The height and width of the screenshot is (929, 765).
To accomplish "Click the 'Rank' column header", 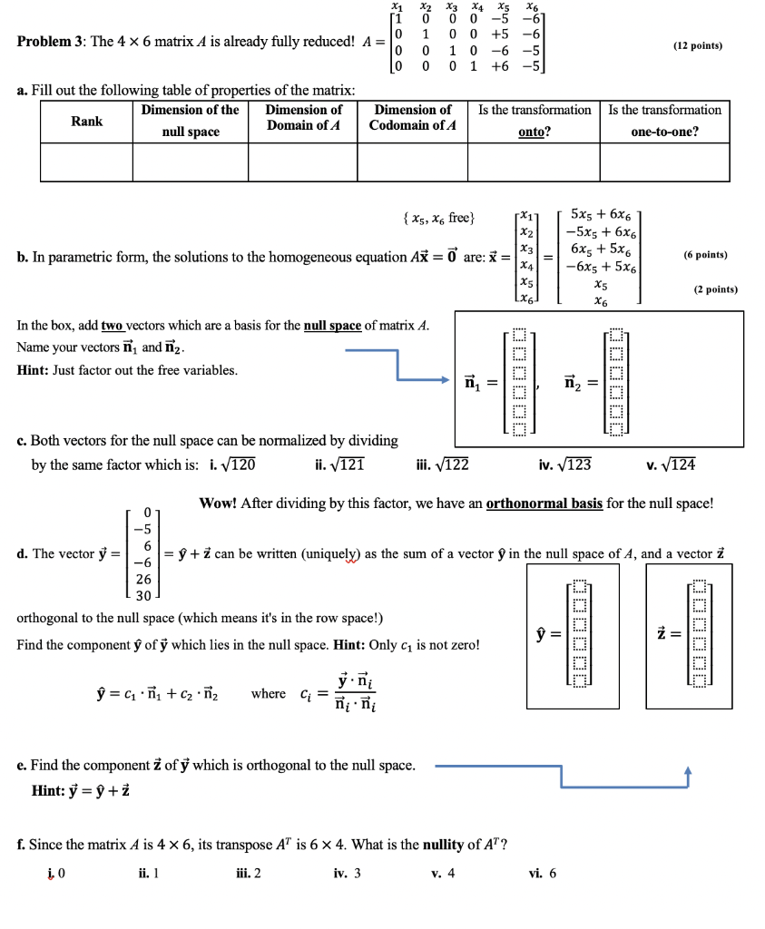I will point(86,122).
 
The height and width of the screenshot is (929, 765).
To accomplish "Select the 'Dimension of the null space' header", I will point(191,122).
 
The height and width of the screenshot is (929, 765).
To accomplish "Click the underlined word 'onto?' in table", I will point(534,132).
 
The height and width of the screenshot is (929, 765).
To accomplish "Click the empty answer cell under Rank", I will point(86,162).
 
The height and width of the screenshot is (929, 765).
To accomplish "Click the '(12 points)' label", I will point(698,44).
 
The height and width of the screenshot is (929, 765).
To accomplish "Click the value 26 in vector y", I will point(142,579).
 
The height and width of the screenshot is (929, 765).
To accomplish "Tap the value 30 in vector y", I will point(142,596).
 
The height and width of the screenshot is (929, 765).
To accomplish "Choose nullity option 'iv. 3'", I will point(347,873).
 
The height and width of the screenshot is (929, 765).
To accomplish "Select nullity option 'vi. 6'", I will point(543,873).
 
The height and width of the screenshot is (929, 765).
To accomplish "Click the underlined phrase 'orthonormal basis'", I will point(544,504).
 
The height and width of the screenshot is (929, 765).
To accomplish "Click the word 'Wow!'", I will point(219,504).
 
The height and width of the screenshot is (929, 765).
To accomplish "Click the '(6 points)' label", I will point(706,255).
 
